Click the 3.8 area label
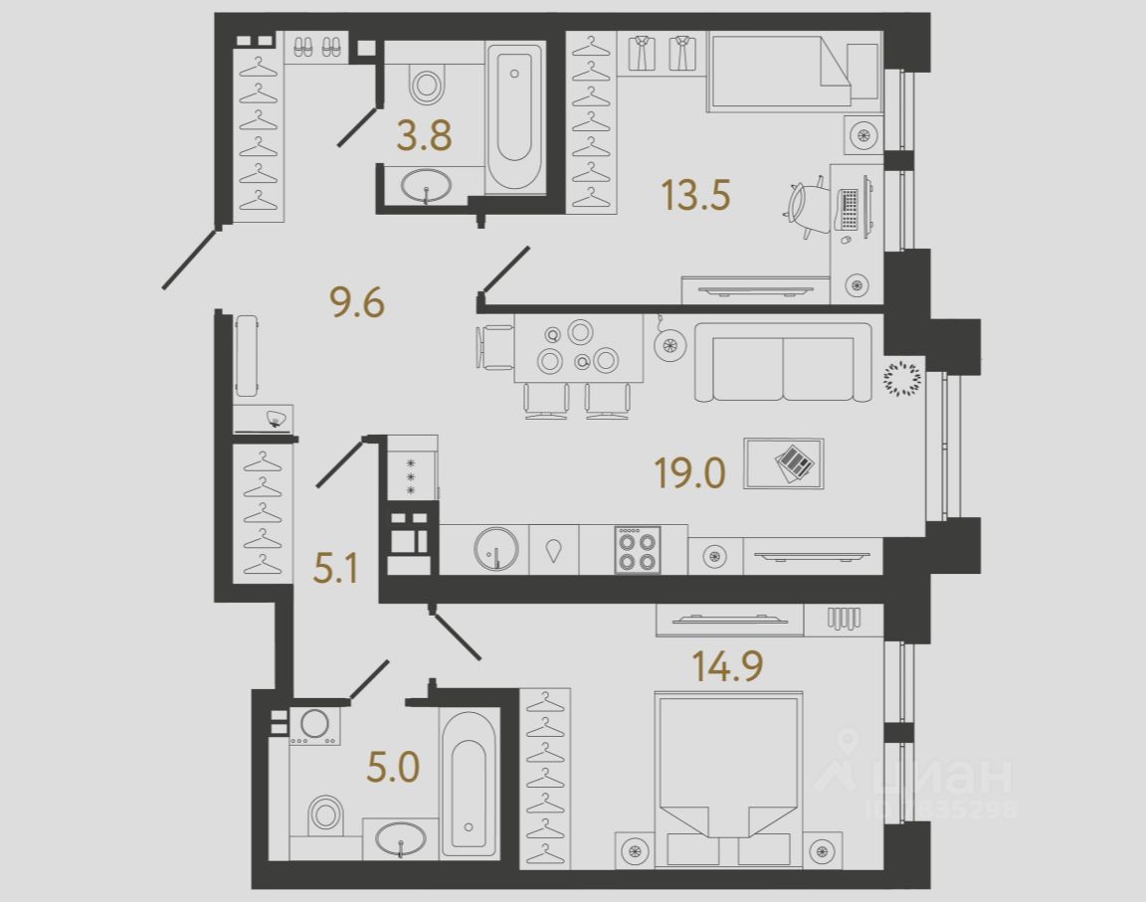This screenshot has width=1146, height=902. pyautogui.click(x=424, y=136)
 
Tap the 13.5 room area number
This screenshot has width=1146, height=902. pyautogui.click(x=695, y=195)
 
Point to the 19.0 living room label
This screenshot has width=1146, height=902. pyautogui.click(x=689, y=473)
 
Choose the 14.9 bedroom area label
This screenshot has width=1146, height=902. pyautogui.click(x=727, y=665)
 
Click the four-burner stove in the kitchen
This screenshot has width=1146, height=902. pyautogui.click(x=637, y=550)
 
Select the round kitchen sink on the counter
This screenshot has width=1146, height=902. pyautogui.click(x=495, y=549)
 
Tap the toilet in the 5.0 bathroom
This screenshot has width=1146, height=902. pyautogui.click(x=324, y=812)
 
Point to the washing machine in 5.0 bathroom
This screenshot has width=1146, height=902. pyautogui.click(x=314, y=725)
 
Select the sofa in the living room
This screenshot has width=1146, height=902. pyautogui.click(x=782, y=362)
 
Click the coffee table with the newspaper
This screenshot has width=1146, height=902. pyautogui.click(x=784, y=462)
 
